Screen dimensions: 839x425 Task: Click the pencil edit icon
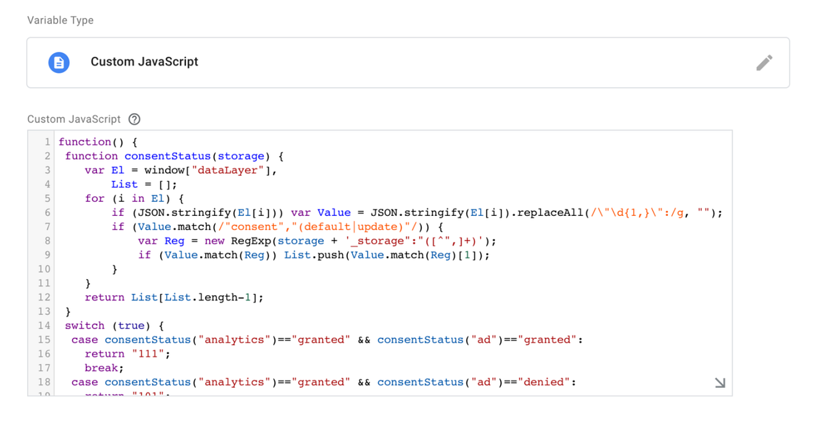click(764, 62)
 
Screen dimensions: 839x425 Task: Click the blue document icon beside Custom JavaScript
click(59, 62)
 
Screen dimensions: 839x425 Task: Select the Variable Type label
click(61, 20)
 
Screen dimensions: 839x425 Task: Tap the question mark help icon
click(134, 119)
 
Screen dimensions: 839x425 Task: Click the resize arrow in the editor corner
click(720, 383)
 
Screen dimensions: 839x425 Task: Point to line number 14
click(44, 325)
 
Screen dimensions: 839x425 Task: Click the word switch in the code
click(85, 325)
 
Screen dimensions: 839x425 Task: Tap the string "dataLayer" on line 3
click(235, 170)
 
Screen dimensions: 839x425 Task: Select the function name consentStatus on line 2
click(167, 156)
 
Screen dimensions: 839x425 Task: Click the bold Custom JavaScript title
click(145, 62)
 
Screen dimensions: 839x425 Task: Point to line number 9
click(47, 255)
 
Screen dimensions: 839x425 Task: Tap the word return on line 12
click(104, 298)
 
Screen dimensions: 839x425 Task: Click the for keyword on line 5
click(95, 199)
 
